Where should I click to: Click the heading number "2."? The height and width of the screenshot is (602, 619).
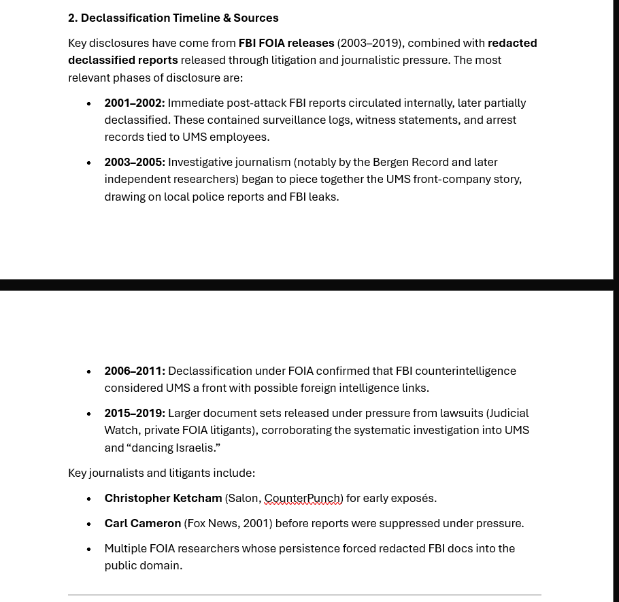pyautogui.click(x=73, y=18)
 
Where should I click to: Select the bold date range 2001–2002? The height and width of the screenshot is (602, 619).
pyautogui.click(x=134, y=103)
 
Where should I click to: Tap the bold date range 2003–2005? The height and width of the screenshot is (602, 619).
pyautogui.click(x=134, y=162)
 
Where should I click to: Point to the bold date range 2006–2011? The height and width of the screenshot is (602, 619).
pyautogui.click(x=134, y=371)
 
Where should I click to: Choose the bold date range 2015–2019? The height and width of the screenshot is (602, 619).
pyautogui.click(x=134, y=413)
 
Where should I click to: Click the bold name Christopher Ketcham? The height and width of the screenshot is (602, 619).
pyautogui.click(x=163, y=498)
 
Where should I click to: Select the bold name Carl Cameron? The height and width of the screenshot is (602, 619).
pyautogui.click(x=142, y=523)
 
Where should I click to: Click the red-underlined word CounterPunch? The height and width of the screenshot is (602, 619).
pyautogui.click(x=302, y=498)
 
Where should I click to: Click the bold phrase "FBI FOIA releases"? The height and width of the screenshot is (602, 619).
pyautogui.click(x=286, y=43)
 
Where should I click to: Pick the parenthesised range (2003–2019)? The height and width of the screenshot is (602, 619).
pyautogui.click(x=370, y=43)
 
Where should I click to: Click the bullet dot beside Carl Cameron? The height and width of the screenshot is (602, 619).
pyautogui.click(x=88, y=524)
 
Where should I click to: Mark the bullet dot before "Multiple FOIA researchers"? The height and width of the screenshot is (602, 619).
pyautogui.click(x=88, y=549)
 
